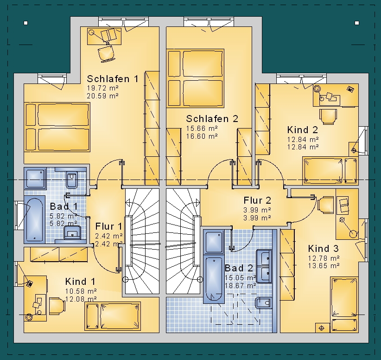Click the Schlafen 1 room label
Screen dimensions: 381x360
113,79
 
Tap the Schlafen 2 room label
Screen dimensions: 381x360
212,119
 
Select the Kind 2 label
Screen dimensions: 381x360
303,130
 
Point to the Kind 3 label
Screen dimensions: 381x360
323,249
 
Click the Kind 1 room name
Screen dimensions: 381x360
80,282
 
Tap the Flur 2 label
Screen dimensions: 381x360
257,200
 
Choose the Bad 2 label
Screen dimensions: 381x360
239,268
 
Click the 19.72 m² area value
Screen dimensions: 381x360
102,88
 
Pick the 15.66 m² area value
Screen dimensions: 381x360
202,128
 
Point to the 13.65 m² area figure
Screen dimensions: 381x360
324,266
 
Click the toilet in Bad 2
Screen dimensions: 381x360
263,303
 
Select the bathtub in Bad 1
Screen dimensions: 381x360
34,219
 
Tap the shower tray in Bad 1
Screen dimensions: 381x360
35,178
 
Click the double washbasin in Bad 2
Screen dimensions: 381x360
264,266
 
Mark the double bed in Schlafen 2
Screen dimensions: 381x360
195,78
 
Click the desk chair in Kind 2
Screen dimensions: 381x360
328,117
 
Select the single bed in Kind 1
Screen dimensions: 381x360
113,316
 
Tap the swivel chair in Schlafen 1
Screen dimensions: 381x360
106,53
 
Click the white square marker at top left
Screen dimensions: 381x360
26,23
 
